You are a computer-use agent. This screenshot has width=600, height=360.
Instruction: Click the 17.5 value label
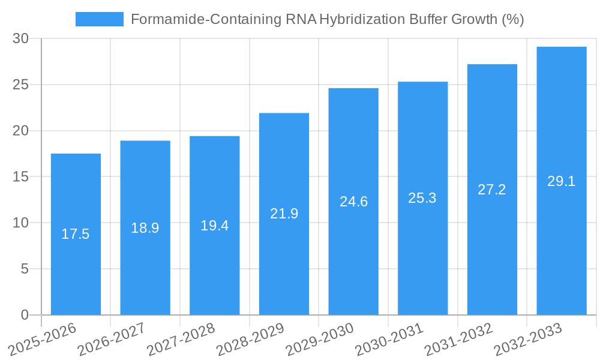(x=76, y=234)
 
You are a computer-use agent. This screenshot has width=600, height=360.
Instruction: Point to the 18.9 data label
(x=145, y=228)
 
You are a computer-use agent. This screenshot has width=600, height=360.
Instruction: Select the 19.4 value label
(x=214, y=226)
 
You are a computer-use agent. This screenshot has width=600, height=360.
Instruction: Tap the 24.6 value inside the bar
(x=353, y=202)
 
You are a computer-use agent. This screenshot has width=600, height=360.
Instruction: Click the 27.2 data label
(x=492, y=190)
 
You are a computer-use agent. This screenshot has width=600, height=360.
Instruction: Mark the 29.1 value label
(x=562, y=181)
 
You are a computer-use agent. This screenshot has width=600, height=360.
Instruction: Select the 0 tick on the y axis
(x=25, y=315)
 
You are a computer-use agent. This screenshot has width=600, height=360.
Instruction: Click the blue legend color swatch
(x=99, y=19)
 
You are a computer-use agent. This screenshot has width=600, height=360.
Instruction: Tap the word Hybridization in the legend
(x=362, y=19)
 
